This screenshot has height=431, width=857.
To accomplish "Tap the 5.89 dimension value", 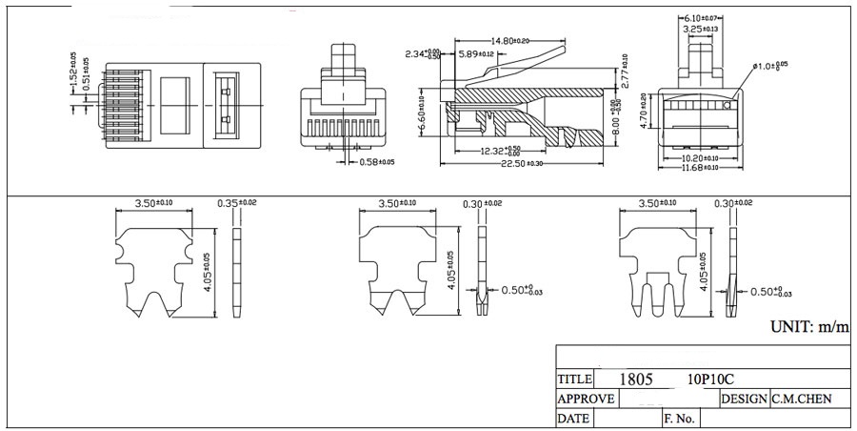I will [475, 54].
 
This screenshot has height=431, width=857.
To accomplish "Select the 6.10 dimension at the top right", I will [703, 18].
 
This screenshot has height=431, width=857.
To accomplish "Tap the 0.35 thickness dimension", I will [236, 203].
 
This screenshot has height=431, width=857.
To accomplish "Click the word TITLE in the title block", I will [575, 379].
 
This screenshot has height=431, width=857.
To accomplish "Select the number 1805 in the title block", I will [635, 379].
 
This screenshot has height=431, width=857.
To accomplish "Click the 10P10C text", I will [710, 379].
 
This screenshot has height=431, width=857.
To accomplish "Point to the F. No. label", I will [679, 419].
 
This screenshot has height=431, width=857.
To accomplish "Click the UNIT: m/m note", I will [809, 327].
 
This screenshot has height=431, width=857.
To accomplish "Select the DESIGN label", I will [744, 399].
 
